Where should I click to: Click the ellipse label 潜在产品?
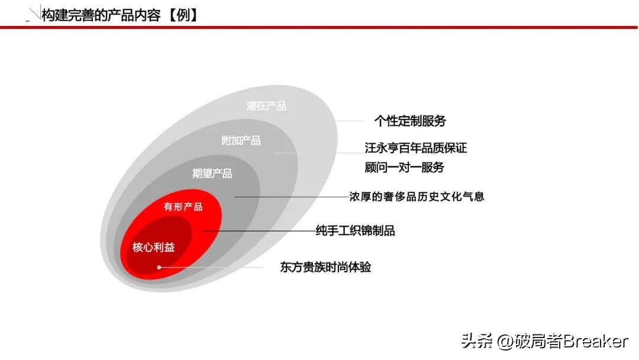tap(266, 106)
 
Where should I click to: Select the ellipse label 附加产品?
tap(241, 140)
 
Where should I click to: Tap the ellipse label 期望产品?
tap(212, 173)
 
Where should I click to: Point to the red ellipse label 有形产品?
tap(183, 207)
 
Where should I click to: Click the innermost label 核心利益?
tap(153, 247)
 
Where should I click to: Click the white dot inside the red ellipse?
tap(159, 268)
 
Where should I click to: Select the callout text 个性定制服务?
tap(410, 121)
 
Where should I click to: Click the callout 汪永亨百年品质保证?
tap(416, 148)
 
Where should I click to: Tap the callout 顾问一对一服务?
tap(404, 167)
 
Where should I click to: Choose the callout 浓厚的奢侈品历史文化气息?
tap(417, 196)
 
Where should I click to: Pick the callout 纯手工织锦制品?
tap(355, 230)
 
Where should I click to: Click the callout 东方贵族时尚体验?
tap(325, 267)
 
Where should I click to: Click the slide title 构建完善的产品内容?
tap(101, 15)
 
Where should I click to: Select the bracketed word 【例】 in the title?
tap(180, 15)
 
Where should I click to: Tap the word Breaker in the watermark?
tap(595, 342)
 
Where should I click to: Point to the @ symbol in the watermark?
tap(505, 342)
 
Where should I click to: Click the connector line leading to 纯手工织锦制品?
tap(260, 230)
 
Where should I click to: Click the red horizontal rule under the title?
tap(319, 27)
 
